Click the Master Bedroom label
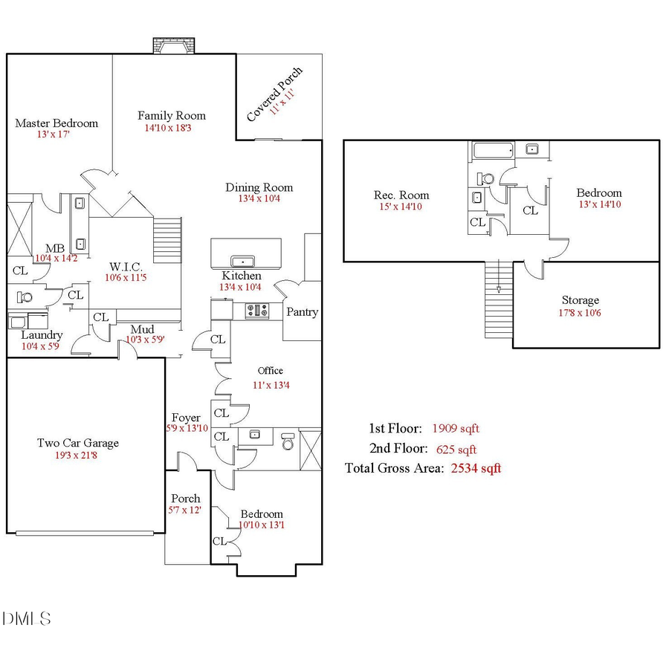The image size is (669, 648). click(56, 123)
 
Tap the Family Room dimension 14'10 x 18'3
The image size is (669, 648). click(172, 128)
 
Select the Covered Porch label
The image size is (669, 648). click(274, 94)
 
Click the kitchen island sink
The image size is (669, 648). click(243, 262)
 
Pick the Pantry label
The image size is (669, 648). click(303, 312)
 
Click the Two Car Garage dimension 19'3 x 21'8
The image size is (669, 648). click(77, 455)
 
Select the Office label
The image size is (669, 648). click(270, 371)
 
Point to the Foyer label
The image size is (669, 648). click(186, 418)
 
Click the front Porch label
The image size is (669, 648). click(185, 499)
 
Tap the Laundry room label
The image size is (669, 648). click(42, 335)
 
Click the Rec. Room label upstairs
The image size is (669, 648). click(401, 195)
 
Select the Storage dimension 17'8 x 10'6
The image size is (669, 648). click(580, 313)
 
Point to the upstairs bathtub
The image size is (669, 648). click(494, 151)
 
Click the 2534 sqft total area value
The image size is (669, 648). click(476, 468)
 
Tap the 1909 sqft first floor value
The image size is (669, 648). click(456, 429)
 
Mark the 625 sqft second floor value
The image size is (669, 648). click(455, 449)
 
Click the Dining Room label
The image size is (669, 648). click(259, 187)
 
